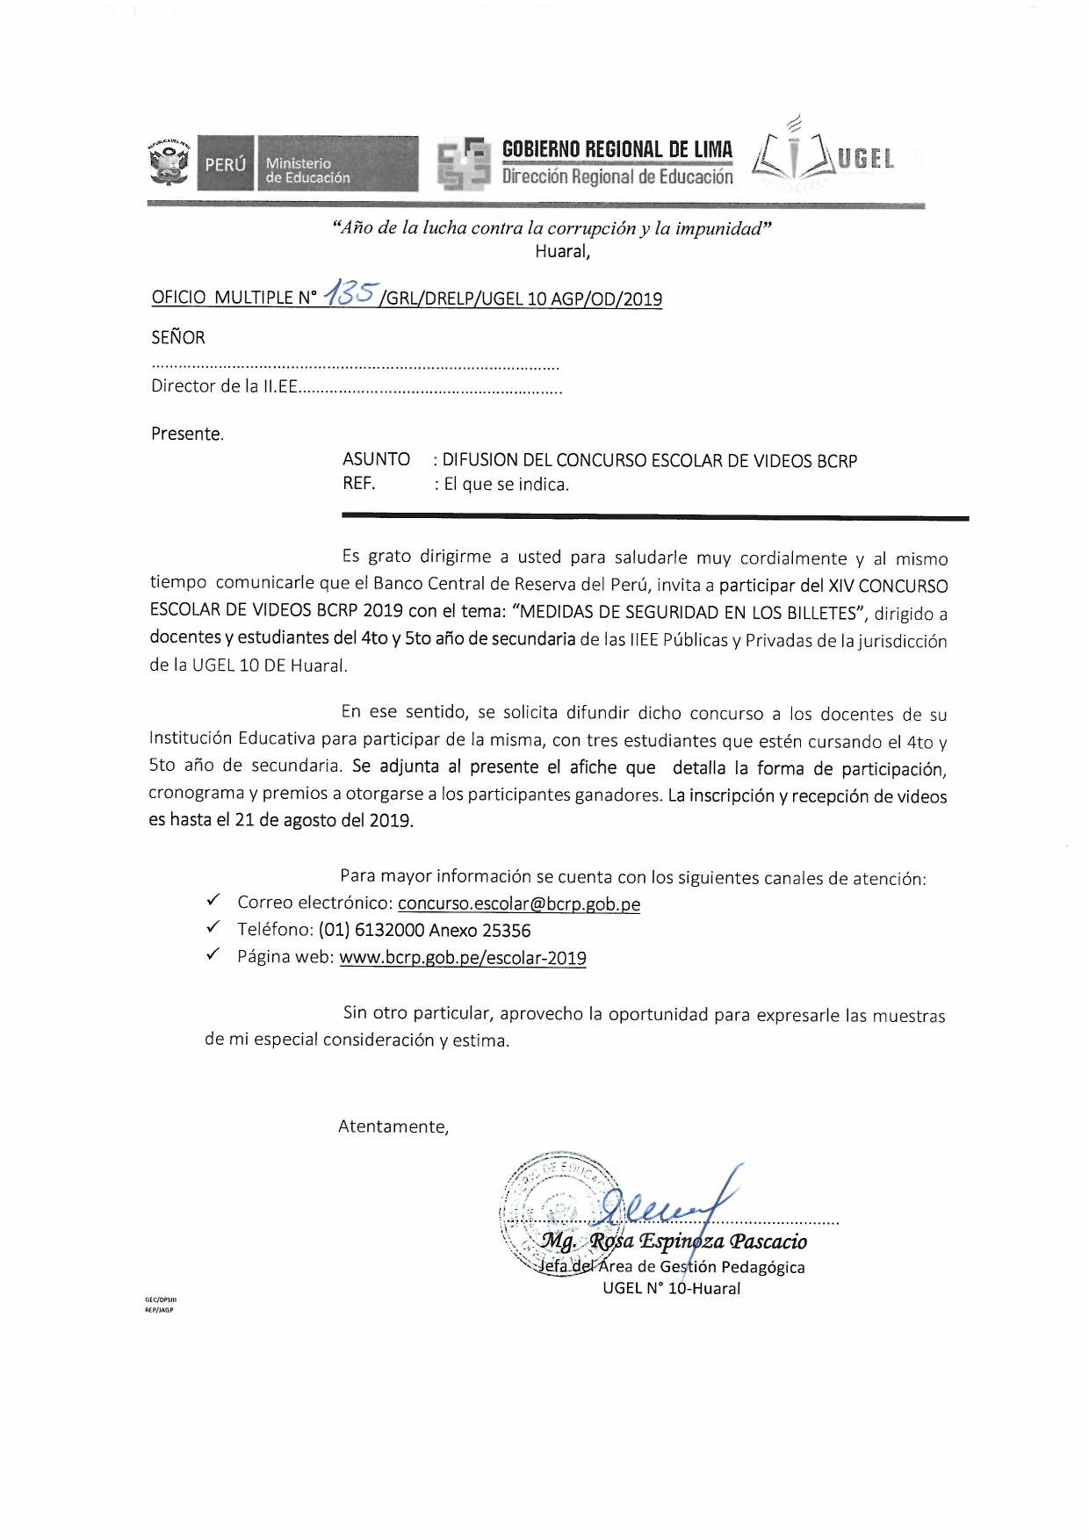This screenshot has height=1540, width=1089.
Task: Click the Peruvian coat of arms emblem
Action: tap(169, 162)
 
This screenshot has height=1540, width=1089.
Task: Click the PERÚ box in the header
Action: tap(226, 163)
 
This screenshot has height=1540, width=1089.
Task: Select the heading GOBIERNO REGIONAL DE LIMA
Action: tap(617, 149)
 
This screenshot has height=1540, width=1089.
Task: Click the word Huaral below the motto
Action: tap(562, 252)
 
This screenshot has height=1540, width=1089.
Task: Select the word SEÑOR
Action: tap(178, 338)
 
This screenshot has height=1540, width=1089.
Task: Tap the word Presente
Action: tap(187, 434)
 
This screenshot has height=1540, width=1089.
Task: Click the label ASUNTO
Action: tap(376, 459)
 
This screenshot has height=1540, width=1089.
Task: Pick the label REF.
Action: tap(358, 484)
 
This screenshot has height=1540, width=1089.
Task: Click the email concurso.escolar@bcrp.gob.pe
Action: tap(518, 903)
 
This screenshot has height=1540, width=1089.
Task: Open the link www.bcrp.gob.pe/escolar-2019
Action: tap(463, 958)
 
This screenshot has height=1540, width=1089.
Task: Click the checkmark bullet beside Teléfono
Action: tap(213, 927)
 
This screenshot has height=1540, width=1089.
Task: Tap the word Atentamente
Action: tap(393, 1126)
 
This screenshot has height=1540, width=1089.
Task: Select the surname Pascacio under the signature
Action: tap(768, 1241)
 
